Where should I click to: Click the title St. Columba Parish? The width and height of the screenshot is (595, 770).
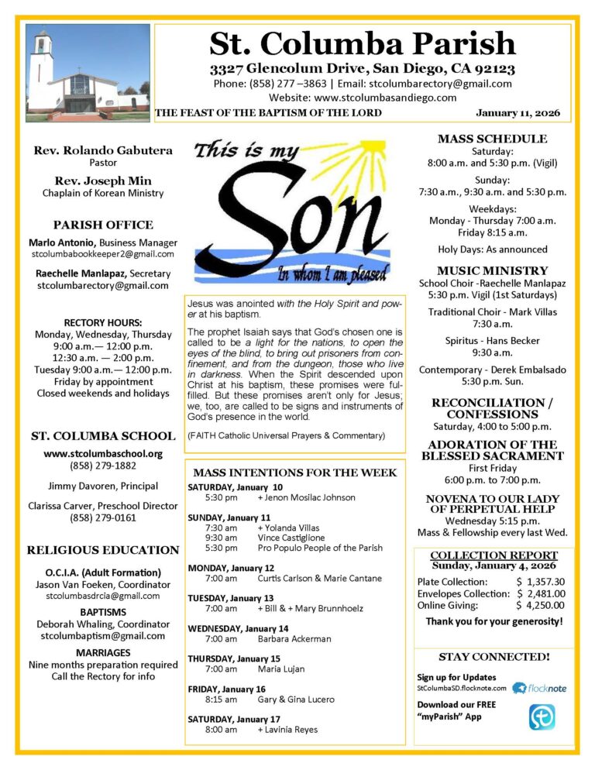[363, 43]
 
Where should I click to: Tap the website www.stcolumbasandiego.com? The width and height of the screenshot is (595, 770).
[363, 98]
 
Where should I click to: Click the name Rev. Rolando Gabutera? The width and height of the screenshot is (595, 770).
[102, 150]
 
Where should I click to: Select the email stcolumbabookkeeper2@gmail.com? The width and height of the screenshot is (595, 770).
[102, 254]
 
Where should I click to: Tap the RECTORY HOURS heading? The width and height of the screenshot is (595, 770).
[102, 322]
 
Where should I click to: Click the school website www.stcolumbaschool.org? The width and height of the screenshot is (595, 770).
[102, 454]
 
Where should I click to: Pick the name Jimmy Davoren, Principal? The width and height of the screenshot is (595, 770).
[102, 486]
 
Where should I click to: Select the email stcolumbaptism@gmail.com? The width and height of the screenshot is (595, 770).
[102, 636]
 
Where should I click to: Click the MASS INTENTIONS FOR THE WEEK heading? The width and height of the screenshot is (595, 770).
[294, 473]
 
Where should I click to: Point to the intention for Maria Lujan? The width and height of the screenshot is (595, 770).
[280, 669]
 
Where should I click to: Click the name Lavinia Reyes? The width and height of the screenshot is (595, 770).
[287, 729]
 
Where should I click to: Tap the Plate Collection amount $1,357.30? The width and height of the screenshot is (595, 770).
[540, 581]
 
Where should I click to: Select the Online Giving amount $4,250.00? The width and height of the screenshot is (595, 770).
[540, 606]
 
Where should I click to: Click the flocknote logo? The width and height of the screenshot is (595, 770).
[540, 688]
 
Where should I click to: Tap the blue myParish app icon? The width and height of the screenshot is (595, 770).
[542, 717]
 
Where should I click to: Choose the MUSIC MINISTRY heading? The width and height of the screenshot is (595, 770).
[492, 271]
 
